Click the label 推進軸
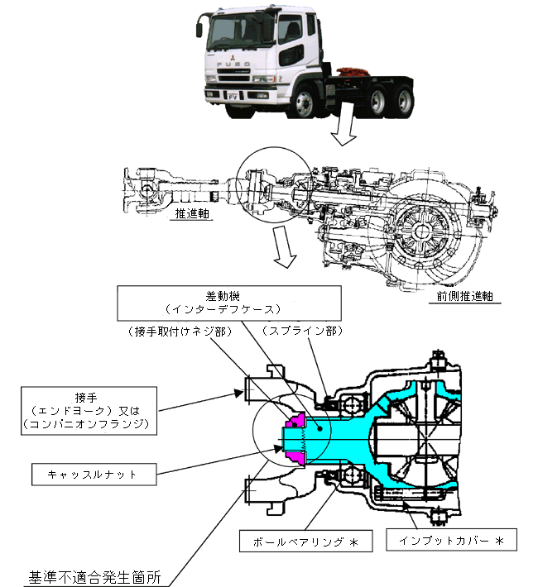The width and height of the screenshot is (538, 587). tap(191, 213)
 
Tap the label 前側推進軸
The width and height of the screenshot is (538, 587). tap(464, 296)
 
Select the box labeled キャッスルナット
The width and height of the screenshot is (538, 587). tap(94, 475)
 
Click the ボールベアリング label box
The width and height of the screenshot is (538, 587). tap(306, 541)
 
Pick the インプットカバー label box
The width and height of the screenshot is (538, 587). tap(451, 540)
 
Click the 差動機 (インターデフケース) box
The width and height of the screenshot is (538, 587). tap(229, 303)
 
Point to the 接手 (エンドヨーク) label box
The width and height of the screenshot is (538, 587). tap(89, 411)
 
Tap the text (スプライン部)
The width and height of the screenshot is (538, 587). tap(302, 331)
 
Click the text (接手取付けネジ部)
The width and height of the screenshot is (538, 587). tap(180, 332)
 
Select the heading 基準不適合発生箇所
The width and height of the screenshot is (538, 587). tap(94, 577)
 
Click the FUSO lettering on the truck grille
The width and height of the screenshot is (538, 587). tap(233, 64)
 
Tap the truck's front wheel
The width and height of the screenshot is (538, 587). tap(303, 102)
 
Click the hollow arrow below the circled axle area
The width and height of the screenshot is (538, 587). tap(285, 246)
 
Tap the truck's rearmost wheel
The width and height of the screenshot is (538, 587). tap(404, 102)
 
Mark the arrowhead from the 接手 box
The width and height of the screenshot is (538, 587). tap(239, 393)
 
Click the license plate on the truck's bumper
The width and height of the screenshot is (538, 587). tap(233, 96)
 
